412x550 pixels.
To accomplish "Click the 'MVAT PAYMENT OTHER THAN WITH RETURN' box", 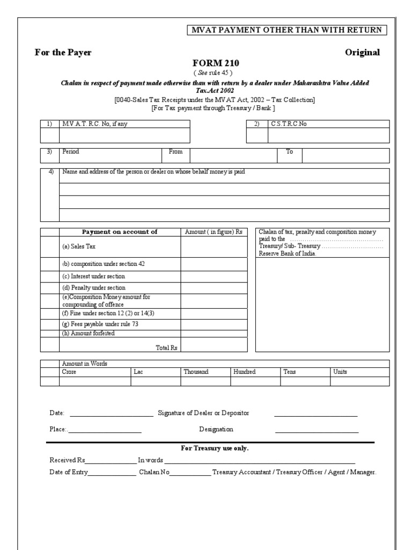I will tap(286, 30).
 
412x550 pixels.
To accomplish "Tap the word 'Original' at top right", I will tap(363, 52).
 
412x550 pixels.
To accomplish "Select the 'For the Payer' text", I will tap(63, 52).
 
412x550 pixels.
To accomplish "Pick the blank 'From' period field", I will tap(233, 155).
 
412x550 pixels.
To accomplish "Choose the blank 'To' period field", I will tap(345, 155).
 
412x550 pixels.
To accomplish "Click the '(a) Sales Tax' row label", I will tap(79, 247).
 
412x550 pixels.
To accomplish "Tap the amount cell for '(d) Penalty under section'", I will tap(214, 288).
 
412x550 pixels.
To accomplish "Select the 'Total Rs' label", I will tap(166, 348).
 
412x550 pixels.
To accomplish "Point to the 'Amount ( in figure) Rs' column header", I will tap(214, 231).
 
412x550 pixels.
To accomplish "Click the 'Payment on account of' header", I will tap(119, 231).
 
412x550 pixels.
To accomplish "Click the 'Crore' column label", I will tap(69, 372).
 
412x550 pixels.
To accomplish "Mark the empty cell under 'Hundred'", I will tap(255, 381).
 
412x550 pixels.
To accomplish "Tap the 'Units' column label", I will tap(340, 372).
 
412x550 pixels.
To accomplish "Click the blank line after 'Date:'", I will tap(111, 415).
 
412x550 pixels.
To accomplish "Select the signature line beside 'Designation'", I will tap(317, 431).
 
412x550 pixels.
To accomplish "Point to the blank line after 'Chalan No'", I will tap(190, 474).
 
